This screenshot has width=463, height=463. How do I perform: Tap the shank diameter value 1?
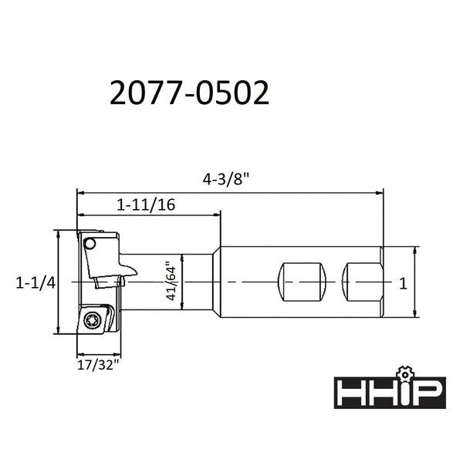[x=402, y=283]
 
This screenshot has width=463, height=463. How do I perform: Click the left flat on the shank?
[x=302, y=282]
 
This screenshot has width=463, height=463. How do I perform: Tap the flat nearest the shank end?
[x=363, y=282]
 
